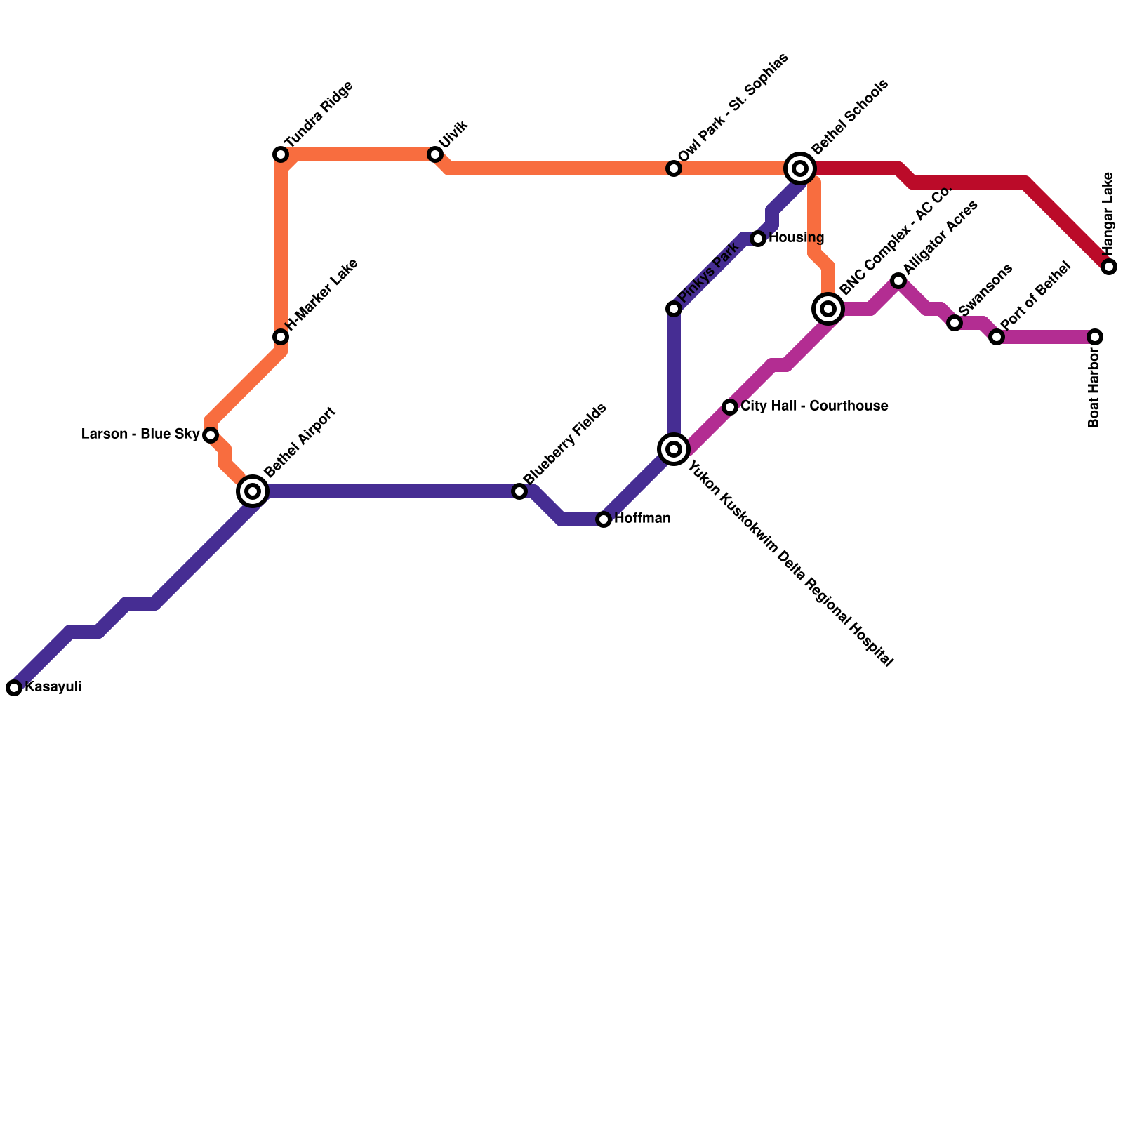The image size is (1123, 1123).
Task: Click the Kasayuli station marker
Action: coord(14,688)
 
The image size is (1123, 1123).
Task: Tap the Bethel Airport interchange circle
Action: coord(253,491)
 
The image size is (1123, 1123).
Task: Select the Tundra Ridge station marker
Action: coord(281,154)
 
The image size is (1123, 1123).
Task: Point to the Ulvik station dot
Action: coord(435,154)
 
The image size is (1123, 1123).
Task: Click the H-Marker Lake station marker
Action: coord(281,337)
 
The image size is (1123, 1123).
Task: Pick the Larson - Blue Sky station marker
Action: coord(211,435)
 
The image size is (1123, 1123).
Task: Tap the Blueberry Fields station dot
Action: coord(519,491)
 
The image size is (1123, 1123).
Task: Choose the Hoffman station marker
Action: coord(604,519)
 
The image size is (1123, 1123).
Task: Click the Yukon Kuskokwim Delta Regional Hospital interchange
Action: coord(674,449)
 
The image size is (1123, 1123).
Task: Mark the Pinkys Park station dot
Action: coord(674,309)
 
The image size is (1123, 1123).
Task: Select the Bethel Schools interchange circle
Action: coord(800,168)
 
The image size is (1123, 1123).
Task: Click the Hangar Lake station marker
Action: coord(1109,267)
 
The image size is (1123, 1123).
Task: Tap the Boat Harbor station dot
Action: coord(1095,337)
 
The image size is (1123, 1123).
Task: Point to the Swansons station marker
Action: coord(955,323)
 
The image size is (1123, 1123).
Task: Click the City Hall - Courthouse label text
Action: coord(814,406)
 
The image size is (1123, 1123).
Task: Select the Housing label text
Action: coord(796,238)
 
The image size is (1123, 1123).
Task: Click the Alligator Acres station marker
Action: coord(898,281)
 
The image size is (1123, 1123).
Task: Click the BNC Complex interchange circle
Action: coord(828,309)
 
